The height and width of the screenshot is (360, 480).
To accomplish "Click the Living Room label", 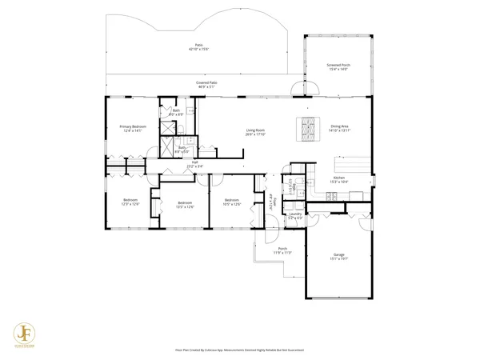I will coord(254,132).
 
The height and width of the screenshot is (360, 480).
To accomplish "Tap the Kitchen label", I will coord(338,179).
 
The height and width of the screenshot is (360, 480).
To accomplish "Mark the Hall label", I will coord(194,163).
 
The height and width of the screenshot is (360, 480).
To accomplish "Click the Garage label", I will coord(338,257).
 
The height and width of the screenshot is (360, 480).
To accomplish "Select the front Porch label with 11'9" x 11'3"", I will coord(282,250).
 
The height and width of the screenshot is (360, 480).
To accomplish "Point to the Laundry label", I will coord(295,215).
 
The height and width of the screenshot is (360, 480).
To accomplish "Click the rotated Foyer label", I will coord(272,201).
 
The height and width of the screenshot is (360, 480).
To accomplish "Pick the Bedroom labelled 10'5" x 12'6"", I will coord(232,201).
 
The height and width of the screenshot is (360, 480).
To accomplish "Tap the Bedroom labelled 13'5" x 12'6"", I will coord(185,204).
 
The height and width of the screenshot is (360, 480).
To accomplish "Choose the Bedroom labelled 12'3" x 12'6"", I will coord(130,201).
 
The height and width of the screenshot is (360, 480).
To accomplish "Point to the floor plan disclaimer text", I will coord(239,350).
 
